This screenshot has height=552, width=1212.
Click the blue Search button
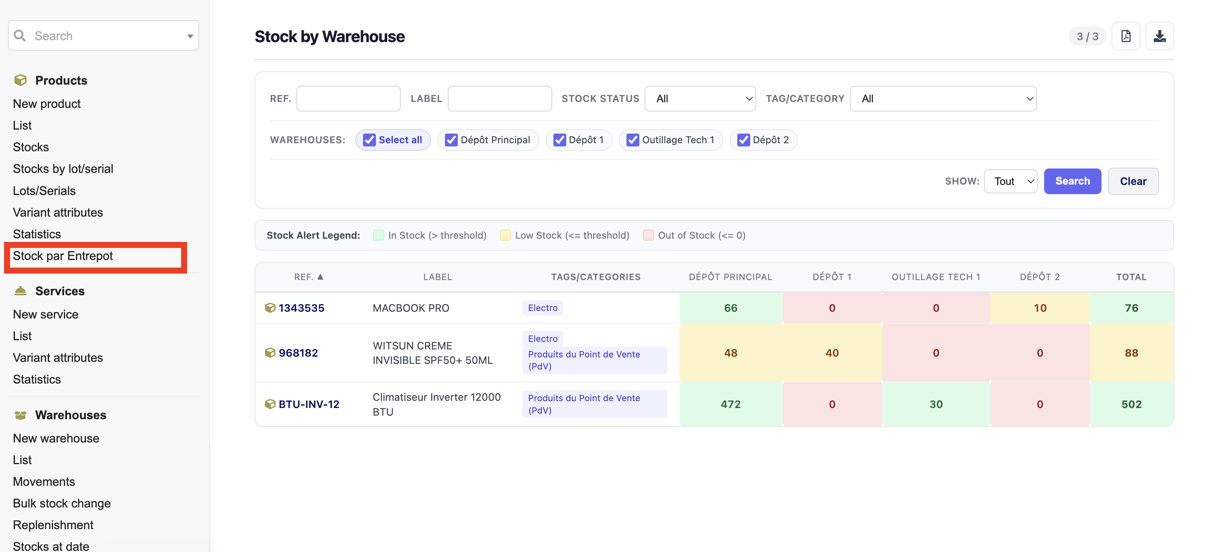tap(1072, 181)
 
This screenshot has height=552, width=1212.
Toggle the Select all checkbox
tap(369, 140)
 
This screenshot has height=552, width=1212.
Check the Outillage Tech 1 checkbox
tap(633, 140)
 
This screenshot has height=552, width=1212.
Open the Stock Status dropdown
tap(700, 99)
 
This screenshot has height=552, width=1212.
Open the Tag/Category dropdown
tap(943, 99)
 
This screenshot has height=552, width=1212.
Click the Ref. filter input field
tap(348, 99)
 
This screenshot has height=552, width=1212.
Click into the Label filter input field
tap(500, 99)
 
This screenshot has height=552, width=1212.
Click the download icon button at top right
tap(1159, 36)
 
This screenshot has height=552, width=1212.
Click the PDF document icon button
tap(1125, 36)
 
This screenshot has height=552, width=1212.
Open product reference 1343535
tap(301, 308)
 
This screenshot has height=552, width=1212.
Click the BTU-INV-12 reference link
tap(309, 404)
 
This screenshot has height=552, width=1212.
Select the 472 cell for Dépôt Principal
tap(730, 404)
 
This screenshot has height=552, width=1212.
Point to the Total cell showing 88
tap(1131, 353)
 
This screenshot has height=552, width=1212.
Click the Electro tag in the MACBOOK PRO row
tap(543, 308)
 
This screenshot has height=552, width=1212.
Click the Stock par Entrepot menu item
tap(63, 256)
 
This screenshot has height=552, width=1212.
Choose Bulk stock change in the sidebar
tap(61, 503)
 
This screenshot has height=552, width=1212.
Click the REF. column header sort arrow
tap(320, 277)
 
